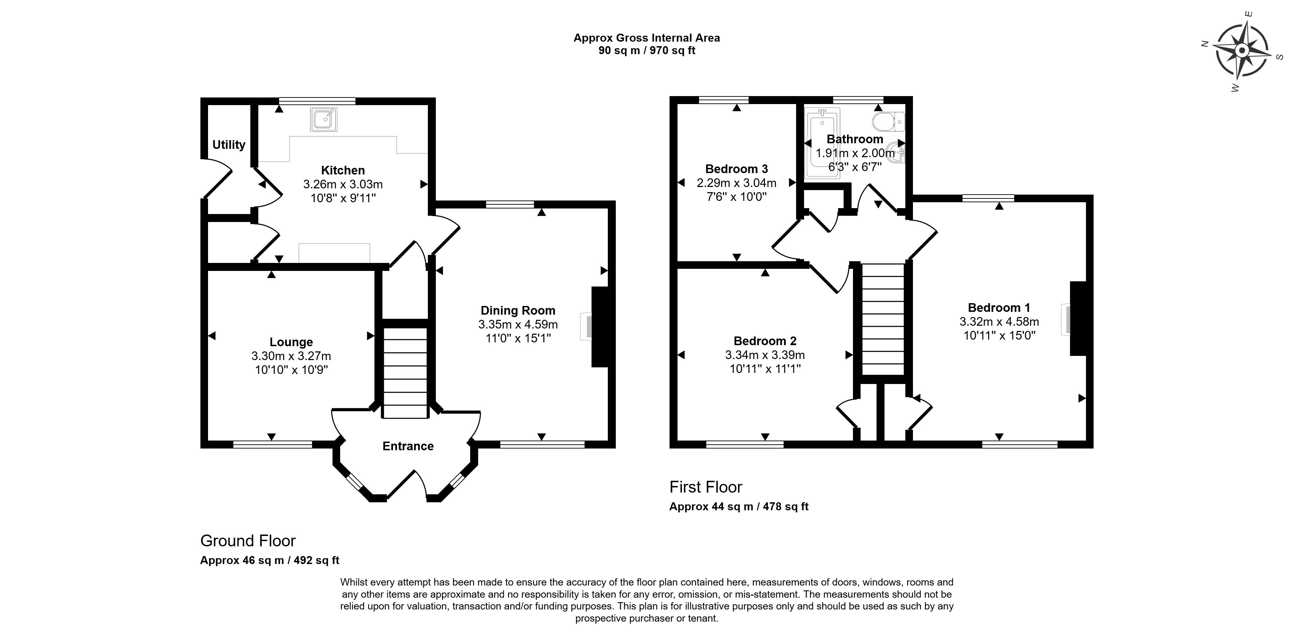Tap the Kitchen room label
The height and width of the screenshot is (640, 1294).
point(343,170)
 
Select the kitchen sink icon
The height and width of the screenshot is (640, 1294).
point(323,120)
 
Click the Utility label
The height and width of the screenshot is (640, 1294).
point(228,145)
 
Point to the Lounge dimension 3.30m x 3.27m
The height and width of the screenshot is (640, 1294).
point(291,356)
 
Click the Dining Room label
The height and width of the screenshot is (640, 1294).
point(518,311)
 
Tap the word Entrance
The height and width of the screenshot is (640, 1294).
point(408,446)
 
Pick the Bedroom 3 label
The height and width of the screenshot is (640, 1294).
point(736,169)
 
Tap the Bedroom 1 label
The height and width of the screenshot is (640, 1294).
point(999,307)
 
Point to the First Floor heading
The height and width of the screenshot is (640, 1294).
point(706,487)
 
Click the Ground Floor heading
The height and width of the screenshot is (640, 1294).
point(248,540)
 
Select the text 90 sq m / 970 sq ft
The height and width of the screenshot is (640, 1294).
point(647,51)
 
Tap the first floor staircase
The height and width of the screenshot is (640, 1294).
point(883,319)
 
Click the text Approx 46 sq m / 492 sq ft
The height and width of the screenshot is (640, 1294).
point(270,560)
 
